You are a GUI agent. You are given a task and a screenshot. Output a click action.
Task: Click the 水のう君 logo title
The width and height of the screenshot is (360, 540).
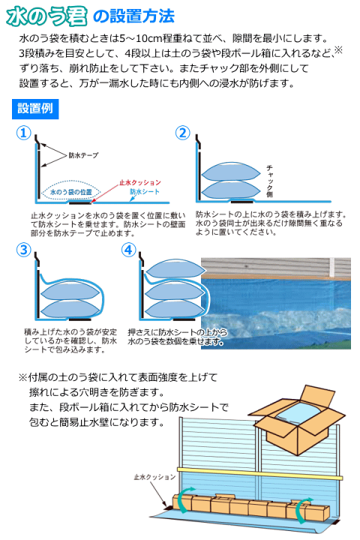tap(51, 15)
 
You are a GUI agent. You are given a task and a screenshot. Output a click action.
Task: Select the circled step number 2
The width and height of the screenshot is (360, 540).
tap(182, 133)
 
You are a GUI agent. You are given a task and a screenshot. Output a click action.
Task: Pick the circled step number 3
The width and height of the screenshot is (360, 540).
tap(24, 250)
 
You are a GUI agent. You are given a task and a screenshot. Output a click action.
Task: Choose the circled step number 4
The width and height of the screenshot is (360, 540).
tap(128, 250)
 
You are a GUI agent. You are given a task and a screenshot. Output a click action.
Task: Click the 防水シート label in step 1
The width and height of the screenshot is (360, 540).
tap(143, 193)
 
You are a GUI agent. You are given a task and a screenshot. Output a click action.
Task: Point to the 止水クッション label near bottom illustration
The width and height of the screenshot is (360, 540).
tap(154, 476)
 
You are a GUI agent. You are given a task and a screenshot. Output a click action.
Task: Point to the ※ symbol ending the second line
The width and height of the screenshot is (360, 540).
tap(337, 51)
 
